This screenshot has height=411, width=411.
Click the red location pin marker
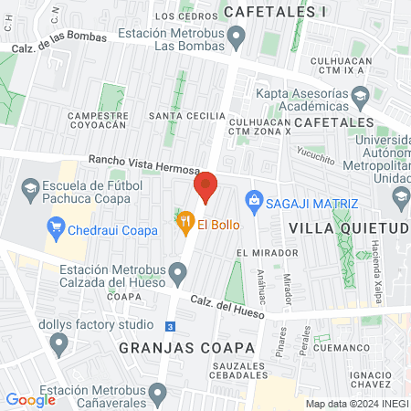[205, 186]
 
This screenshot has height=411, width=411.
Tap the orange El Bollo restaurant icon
[184, 220]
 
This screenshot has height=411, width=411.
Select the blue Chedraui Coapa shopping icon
[56, 227]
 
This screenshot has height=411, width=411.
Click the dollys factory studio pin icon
[60, 344]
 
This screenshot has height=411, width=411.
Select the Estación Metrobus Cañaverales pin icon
[158, 394]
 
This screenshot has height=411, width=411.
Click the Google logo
[30, 399]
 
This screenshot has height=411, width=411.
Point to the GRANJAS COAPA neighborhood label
[160, 347]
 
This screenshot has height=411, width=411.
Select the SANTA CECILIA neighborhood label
[187, 116]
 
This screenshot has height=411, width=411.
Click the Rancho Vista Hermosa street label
[142, 164]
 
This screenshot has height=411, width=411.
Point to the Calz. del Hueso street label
[227, 306]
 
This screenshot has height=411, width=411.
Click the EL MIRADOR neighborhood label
[267, 252]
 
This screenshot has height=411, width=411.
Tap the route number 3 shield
[170, 326]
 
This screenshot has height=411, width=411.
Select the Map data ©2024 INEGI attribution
[356, 404]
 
